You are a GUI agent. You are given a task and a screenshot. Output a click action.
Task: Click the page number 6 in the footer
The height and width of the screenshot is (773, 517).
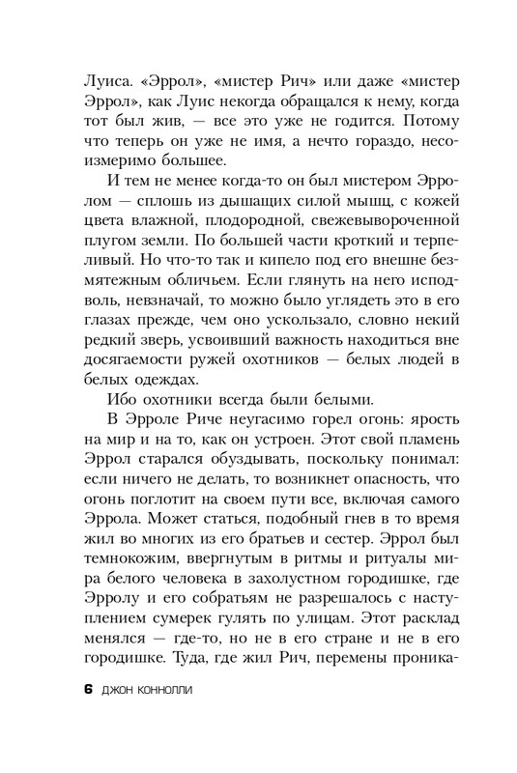point(87,691)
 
